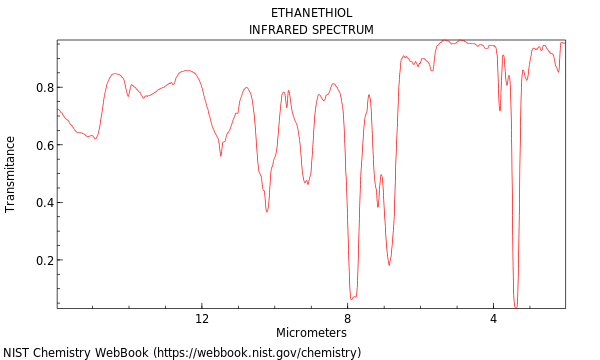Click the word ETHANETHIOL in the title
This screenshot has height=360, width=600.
[311, 13]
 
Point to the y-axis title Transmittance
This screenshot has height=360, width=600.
[11, 174]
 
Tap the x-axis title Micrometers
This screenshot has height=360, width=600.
[311, 332]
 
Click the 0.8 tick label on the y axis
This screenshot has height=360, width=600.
[45, 88]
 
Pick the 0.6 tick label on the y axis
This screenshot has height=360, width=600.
[45, 146]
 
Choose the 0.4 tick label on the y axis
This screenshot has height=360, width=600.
[45, 203]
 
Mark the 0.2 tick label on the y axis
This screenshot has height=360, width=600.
[45, 261]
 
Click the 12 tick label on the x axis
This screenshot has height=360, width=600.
[202, 319]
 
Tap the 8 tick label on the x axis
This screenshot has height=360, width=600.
[348, 319]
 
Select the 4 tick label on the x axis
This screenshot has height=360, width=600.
[493, 319]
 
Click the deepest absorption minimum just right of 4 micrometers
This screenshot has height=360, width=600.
[516, 306]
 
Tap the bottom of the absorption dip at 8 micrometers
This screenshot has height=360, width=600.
[351, 298]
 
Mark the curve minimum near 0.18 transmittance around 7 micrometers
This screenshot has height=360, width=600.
[389, 265]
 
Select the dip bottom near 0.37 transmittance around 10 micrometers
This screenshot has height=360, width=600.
[267, 211]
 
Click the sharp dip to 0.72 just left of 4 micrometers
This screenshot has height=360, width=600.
[500, 110]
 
